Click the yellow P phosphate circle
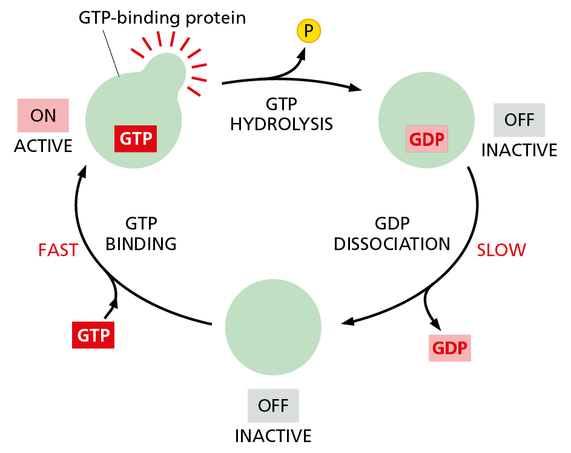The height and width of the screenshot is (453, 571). pyautogui.click(x=309, y=31)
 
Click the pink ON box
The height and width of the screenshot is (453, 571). pyautogui.click(x=43, y=115)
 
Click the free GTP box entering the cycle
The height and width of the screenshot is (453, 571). pyautogui.click(x=93, y=335)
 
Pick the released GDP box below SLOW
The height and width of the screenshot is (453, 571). pyautogui.click(x=449, y=348)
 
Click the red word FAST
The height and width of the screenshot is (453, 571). pyautogui.click(x=58, y=250)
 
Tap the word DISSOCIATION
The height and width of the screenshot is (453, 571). pyautogui.click(x=392, y=243)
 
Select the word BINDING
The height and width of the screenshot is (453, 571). pyautogui.click(x=140, y=243)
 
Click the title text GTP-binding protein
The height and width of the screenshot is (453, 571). pyautogui.click(x=162, y=18)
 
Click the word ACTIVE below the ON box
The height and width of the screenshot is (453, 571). pyautogui.click(x=43, y=146)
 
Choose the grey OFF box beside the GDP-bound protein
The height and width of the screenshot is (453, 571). pyautogui.click(x=519, y=119)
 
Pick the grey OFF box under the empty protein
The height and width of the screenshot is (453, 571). pyautogui.click(x=273, y=405)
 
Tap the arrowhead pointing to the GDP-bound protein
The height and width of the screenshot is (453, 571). pyautogui.click(x=355, y=88)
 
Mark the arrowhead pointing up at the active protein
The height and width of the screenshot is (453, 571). pyautogui.click(x=81, y=173)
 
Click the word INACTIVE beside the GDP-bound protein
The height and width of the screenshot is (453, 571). pyautogui.click(x=519, y=150)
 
